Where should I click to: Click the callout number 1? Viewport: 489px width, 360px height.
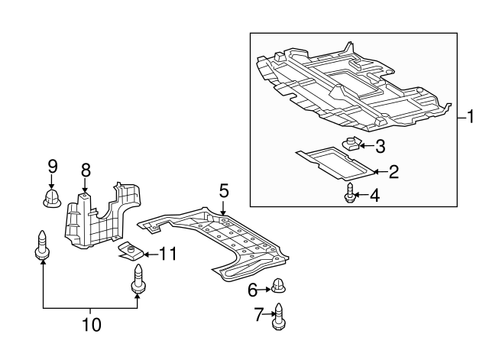[471, 117]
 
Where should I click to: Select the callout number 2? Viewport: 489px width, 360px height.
[393, 172]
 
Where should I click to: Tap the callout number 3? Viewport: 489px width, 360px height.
[380, 146]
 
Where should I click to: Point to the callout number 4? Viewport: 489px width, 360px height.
[374, 196]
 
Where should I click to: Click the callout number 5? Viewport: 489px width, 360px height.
[224, 190]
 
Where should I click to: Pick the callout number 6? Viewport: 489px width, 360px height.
[252, 290]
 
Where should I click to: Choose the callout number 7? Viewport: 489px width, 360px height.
[259, 314]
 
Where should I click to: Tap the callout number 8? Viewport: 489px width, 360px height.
[86, 170]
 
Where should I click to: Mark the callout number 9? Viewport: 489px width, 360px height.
[53, 166]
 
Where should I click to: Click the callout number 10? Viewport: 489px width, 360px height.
[92, 325]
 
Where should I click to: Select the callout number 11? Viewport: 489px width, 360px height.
[168, 254]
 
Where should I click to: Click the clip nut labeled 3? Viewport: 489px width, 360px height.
[351, 144]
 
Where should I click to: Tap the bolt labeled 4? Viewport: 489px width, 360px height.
[350, 193]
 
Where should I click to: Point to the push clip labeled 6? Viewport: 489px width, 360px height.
[278, 286]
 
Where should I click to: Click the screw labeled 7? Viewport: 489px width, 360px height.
[278, 316]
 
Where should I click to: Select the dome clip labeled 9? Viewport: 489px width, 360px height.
[51, 198]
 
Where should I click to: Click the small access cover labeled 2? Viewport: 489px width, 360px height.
[335, 163]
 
